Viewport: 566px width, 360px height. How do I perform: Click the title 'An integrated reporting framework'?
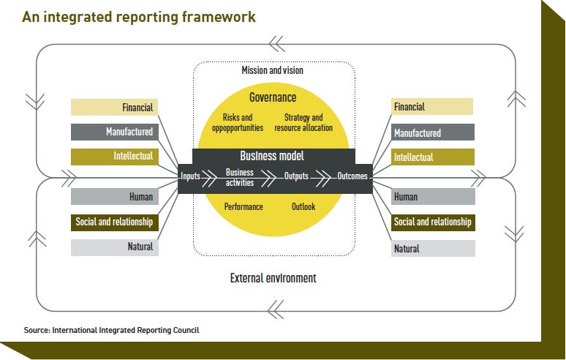[139, 16]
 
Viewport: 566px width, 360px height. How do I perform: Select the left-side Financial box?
[114, 108]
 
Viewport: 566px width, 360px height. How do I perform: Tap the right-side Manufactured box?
[433, 132]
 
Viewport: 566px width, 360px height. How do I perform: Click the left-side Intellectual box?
[114, 156]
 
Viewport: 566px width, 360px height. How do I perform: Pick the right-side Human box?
[433, 196]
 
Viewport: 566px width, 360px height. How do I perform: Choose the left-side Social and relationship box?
[114, 222]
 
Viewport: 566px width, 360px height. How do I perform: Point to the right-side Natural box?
[433, 248]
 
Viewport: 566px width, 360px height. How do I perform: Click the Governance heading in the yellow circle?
[273, 97]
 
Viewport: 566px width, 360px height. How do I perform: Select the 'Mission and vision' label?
[272, 71]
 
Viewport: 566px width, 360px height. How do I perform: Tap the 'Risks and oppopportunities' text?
[237, 122]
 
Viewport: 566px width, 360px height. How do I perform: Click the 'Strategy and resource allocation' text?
[303, 122]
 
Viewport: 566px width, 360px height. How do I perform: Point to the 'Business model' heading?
[273, 156]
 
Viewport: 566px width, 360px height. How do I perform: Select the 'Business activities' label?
[240, 177]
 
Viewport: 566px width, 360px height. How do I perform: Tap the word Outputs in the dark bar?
[296, 176]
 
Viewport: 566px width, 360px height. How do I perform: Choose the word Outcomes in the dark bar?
[352, 176]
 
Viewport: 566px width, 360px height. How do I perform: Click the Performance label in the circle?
[244, 207]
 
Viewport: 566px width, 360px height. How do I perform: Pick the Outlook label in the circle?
[303, 207]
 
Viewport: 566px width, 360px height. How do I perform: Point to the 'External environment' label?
[273, 278]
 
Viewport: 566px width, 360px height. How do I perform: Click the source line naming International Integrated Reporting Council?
[111, 330]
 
